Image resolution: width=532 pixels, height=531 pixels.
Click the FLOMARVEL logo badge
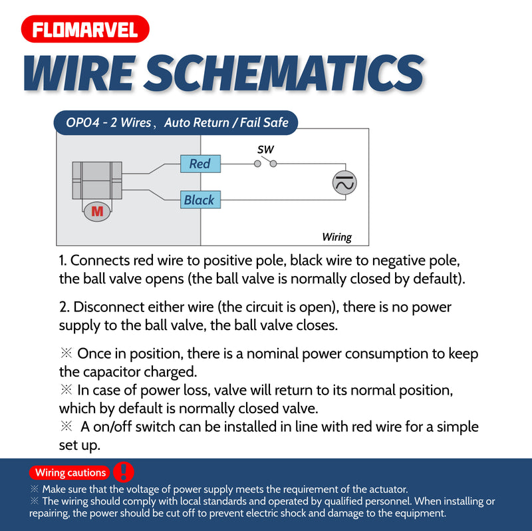click(x=85, y=29)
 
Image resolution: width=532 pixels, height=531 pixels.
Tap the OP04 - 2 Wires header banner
click(x=177, y=122)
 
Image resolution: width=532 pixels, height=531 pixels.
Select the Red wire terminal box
click(x=200, y=164)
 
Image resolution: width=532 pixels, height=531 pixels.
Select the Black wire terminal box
click(x=200, y=199)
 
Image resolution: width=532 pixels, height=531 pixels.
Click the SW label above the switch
click(x=265, y=150)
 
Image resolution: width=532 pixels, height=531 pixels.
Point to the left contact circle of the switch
click(x=257, y=164)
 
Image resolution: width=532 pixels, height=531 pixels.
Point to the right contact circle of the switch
click(x=273, y=164)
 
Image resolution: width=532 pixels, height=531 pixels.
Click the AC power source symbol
click(x=344, y=182)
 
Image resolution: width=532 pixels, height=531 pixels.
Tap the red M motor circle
click(x=98, y=212)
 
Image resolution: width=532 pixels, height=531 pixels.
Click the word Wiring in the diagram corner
click(x=336, y=237)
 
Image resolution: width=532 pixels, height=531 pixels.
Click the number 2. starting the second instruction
click(x=64, y=307)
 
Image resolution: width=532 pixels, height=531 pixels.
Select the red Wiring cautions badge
click(x=70, y=472)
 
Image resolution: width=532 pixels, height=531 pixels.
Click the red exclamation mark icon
click(x=124, y=472)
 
